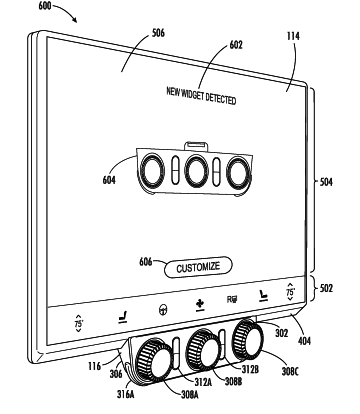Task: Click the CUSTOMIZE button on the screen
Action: pos(198,267)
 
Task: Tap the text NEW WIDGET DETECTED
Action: pos(201,96)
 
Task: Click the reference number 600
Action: pos(44,6)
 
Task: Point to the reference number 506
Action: pos(158,33)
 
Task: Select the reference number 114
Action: pos(293,36)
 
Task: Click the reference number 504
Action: pos(326,182)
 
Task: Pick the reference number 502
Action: pos(326,288)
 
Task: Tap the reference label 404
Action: pos(304,341)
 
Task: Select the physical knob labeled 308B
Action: pos(201,348)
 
